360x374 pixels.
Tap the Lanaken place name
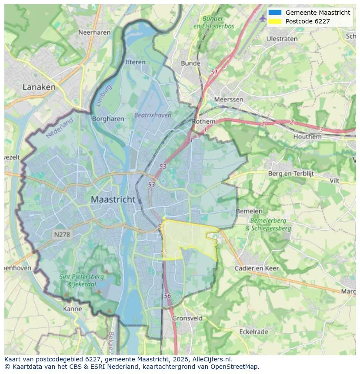[x=39, y=87]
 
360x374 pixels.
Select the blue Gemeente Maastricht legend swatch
[x=275, y=13]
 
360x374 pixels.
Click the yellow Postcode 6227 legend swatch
[x=275, y=21]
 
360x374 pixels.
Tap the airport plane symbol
[x=262, y=18]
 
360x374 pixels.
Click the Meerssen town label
[x=229, y=99]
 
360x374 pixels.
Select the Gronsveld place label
[x=187, y=318]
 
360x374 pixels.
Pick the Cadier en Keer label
[x=257, y=268]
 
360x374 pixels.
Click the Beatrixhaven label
[x=153, y=116]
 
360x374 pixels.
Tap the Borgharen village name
[x=108, y=119]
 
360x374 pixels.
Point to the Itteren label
[x=135, y=62]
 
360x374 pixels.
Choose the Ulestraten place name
[x=282, y=39]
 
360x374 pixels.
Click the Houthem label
[x=307, y=136]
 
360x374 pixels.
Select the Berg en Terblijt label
[x=291, y=173]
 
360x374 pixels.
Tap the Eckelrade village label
[x=253, y=332]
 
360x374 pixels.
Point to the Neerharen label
[x=93, y=32]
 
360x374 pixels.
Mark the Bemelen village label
[x=249, y=211]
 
